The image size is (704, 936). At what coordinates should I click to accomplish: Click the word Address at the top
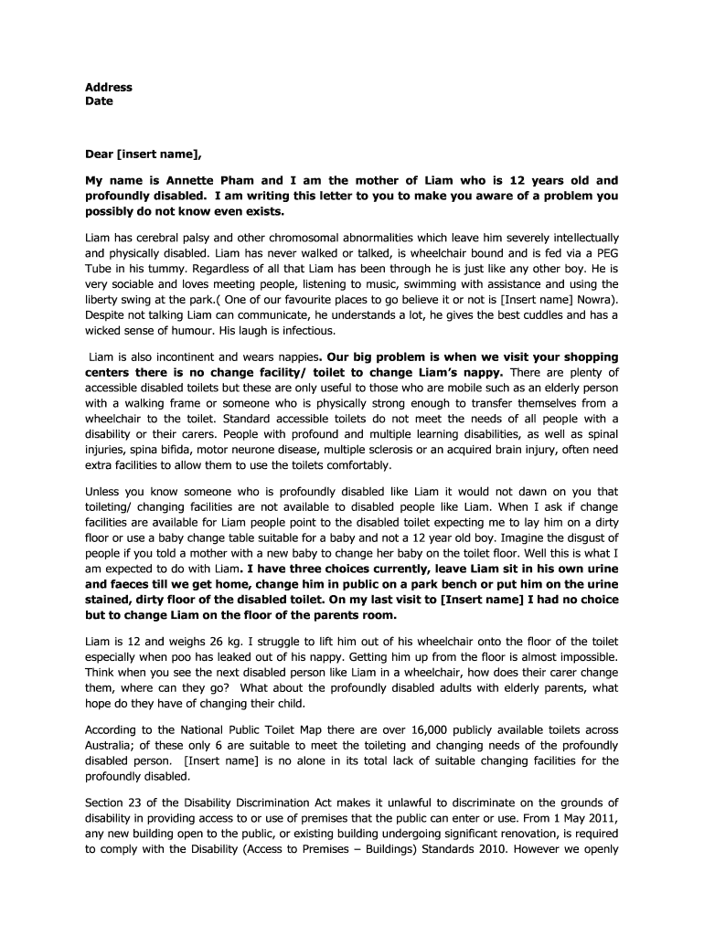point(109,88)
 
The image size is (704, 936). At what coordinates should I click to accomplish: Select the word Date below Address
point(99,101)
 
